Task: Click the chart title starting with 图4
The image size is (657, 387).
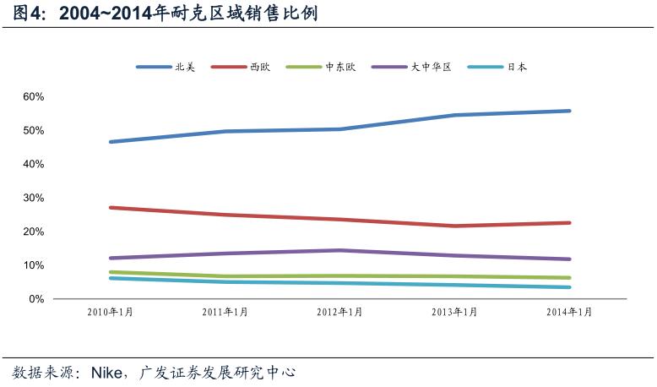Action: pos(160,14)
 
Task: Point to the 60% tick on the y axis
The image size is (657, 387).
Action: pos(33,96)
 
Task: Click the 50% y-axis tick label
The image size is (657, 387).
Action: pos(33,130)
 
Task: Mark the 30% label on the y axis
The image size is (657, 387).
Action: pos(33,198)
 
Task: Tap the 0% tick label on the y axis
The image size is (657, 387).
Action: pos(35,299)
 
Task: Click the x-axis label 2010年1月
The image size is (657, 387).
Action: pos(111,312)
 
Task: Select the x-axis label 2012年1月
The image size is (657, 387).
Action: pos(339,312)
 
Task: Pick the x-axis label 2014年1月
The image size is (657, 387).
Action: pos(569,312)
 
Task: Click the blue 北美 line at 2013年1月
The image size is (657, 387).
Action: pos(454,115)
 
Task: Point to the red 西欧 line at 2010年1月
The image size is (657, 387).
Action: pos(111,207)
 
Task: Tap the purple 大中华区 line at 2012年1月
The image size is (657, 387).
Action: pos(339,250)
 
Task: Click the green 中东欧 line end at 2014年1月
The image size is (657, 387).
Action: pos(568,278)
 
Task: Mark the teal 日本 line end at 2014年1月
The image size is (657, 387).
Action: pos(568,287)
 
